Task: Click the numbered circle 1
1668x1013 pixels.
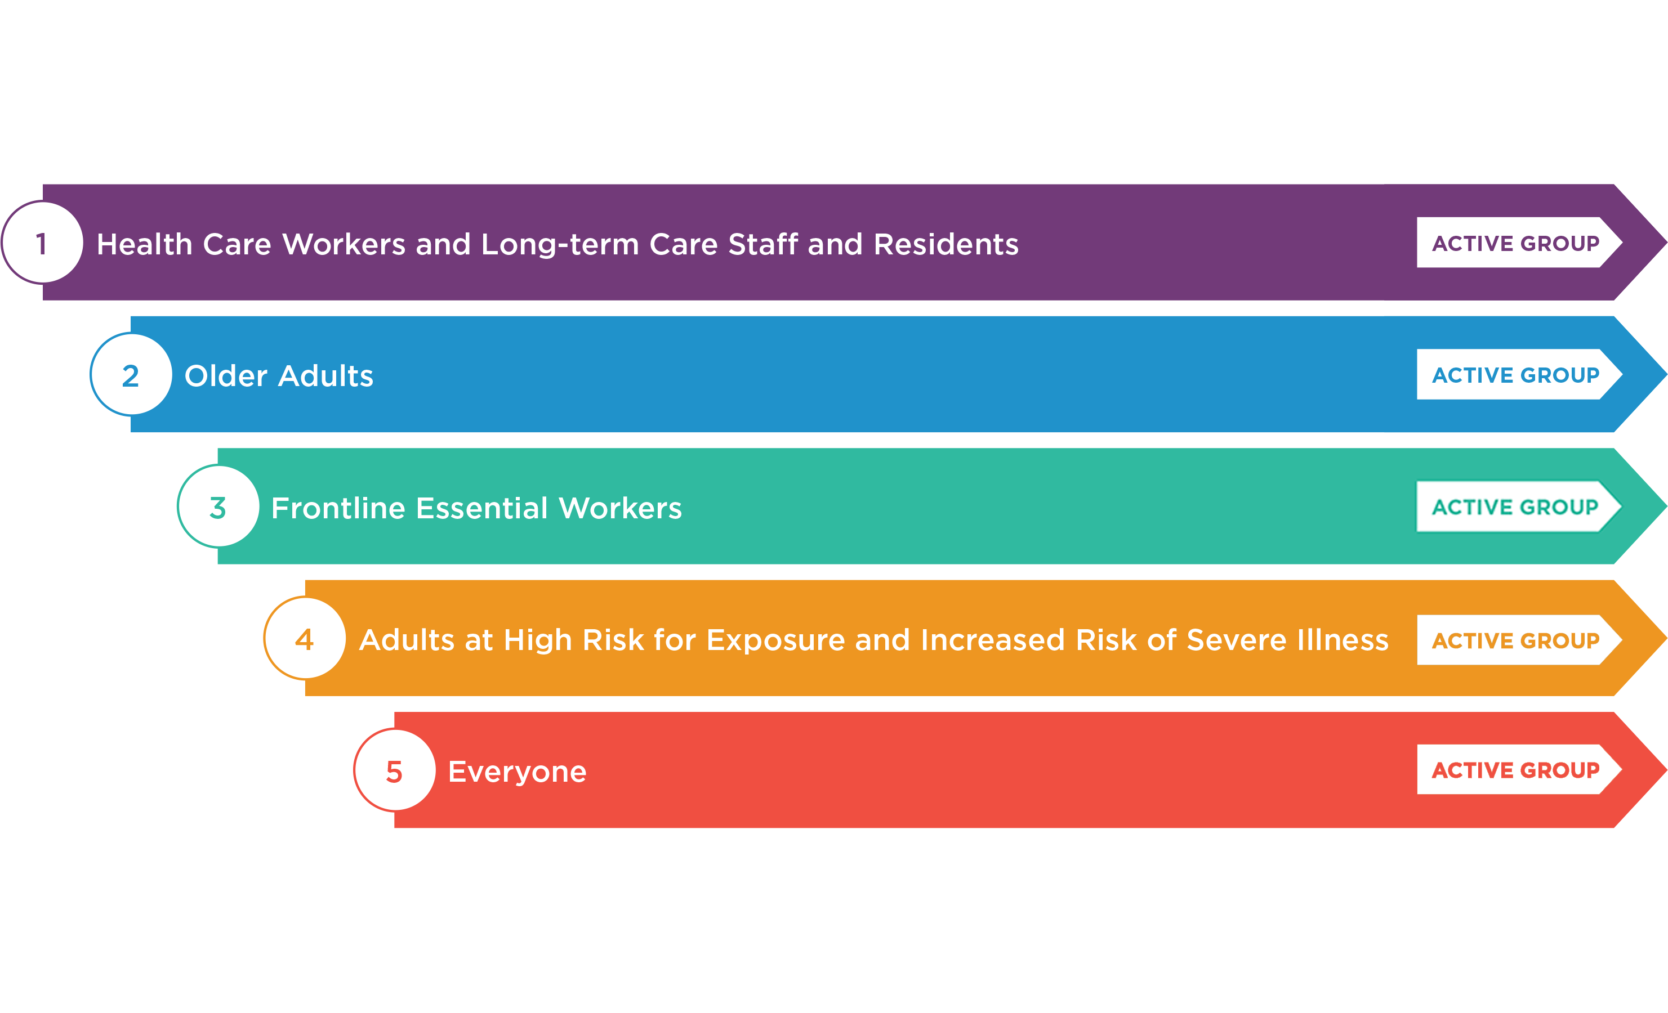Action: (x=42, y=242)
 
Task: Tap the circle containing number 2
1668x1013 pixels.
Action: (x=131, y=374)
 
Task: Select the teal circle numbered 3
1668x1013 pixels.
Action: (x=218, y=506)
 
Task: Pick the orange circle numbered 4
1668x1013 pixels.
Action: (x=305, y=638)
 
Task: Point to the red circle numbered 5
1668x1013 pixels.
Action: (x=395, y=770)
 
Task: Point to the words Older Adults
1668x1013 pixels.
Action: (x=279, y=375)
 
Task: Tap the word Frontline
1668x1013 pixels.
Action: (x=338, y=508)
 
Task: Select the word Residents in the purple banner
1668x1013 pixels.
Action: (x=947, y=244)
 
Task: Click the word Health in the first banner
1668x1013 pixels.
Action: (x=145, y=244)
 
